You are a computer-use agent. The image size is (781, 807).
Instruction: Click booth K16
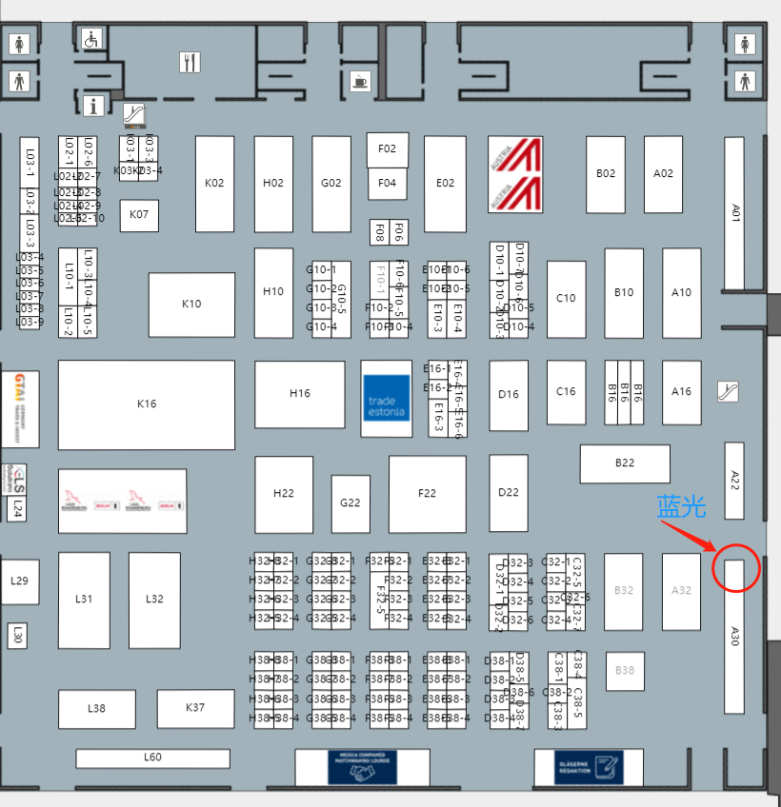tap(147, 404)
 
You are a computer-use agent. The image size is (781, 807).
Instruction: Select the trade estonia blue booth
tap(387, 398)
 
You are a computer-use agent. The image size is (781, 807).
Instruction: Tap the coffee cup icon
tap(359, 81)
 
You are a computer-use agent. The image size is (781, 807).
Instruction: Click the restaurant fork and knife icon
tap(190, 63)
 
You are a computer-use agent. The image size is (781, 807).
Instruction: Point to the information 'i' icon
tap(93, 105)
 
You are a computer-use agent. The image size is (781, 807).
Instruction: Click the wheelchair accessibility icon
tap(92, 40)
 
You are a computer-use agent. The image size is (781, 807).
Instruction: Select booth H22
tap(284, 494)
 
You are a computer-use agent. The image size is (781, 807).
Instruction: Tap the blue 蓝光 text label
tap(681, 507)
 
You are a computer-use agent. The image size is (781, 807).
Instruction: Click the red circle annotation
tap(735, 566)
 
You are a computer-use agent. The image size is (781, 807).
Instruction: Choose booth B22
tap(625, 463)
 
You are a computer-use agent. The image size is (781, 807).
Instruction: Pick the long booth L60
tap(153, 758)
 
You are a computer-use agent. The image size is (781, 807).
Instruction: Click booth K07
tap(139, 215)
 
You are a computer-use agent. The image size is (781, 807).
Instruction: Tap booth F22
tap(427, 493)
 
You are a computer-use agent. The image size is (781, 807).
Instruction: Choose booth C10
tap(567, 299)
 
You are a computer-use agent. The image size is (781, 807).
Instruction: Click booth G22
tap(350, 503)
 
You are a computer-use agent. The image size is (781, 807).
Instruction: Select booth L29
tap(20, 581)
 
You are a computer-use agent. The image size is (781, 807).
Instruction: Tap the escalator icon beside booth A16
tap(729, 390)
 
